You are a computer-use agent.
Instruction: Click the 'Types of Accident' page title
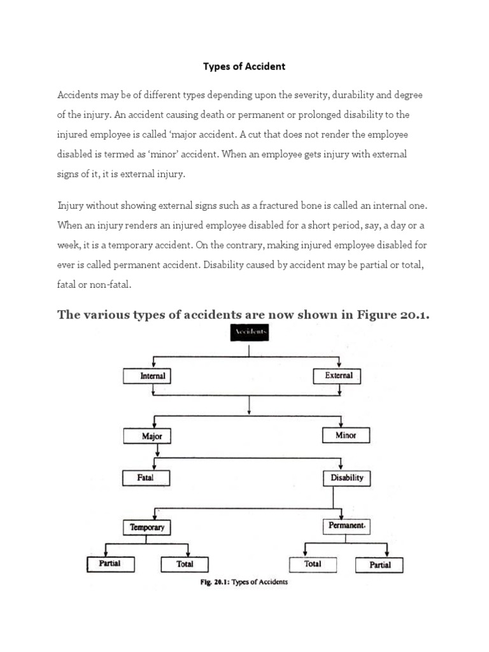pos(244,66)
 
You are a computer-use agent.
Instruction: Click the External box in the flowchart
pos(339,376)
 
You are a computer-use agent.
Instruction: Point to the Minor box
pos(346,436)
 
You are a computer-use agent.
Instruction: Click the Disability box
pos(347,477)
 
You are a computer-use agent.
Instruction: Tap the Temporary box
pos(147,527)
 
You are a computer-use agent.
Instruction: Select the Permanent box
pos(346,527)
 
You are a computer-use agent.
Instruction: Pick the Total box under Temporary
pos(185,563)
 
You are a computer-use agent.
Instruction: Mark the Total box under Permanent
pos(313,563)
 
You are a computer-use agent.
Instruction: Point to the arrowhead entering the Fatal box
pos(155,467)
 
